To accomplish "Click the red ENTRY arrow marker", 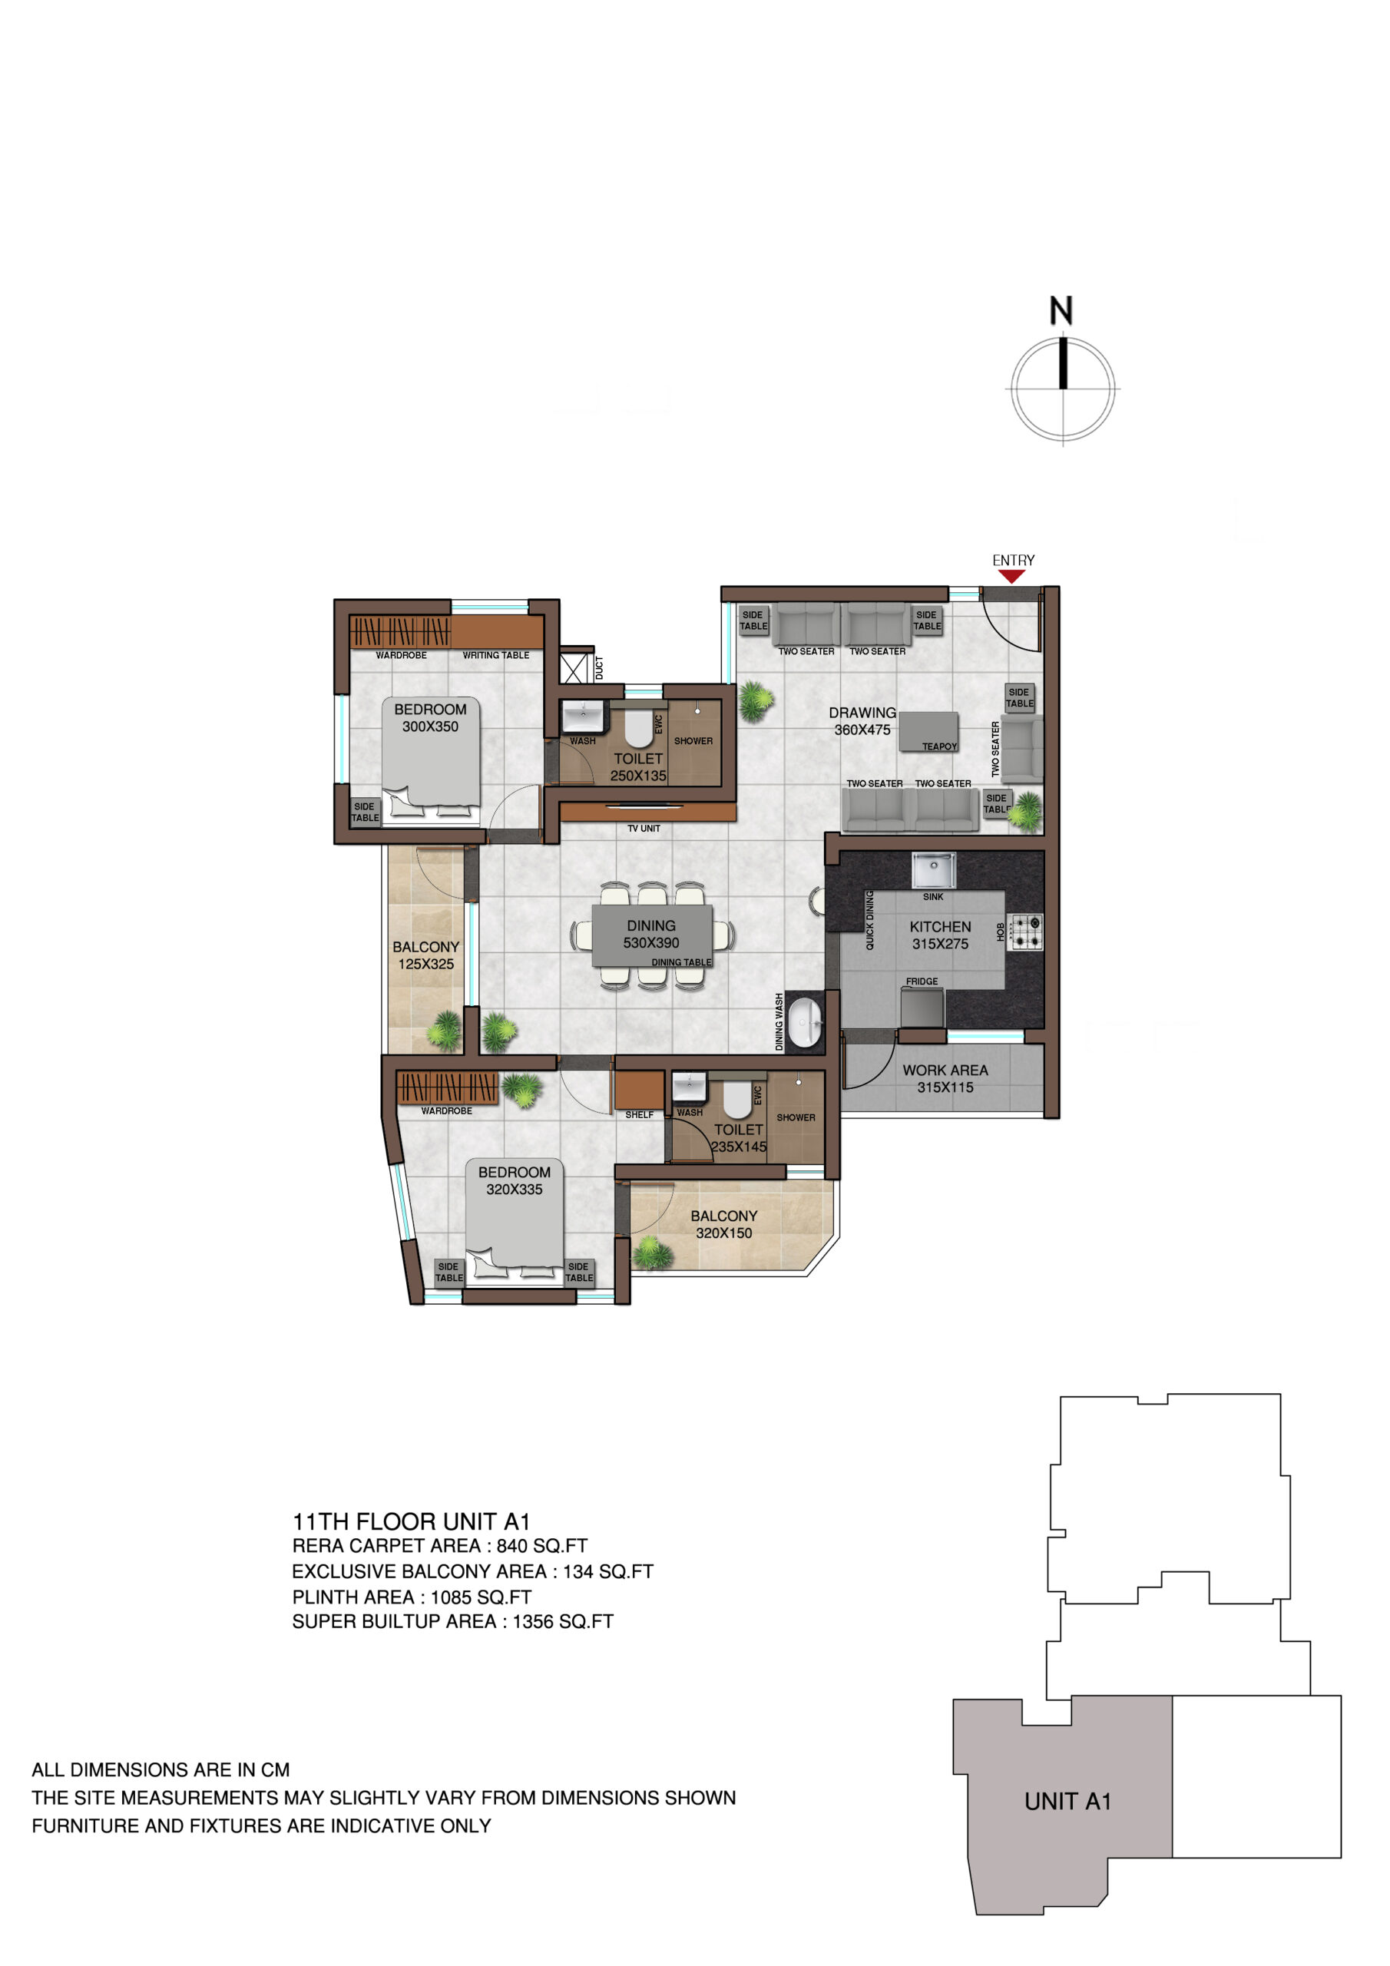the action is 1011,576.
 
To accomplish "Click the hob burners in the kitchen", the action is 1024,932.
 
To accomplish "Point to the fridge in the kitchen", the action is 922,1007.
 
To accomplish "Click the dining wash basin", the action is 804,1021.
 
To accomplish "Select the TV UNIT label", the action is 644,829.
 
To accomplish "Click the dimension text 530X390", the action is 651,943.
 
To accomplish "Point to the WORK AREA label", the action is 945,1071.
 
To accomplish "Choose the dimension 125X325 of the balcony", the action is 425,964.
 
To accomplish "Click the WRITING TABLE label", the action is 496,655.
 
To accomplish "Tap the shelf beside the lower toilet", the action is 639,1090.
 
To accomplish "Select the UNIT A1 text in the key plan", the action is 1067,1802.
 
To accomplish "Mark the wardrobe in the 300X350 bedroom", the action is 399,632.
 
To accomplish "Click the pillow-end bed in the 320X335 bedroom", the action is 514,1220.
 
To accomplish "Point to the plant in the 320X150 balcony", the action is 653,1253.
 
